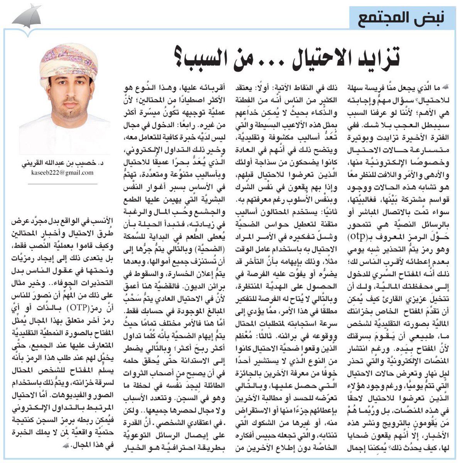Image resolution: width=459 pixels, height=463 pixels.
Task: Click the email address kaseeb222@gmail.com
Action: tap(63, 172)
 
